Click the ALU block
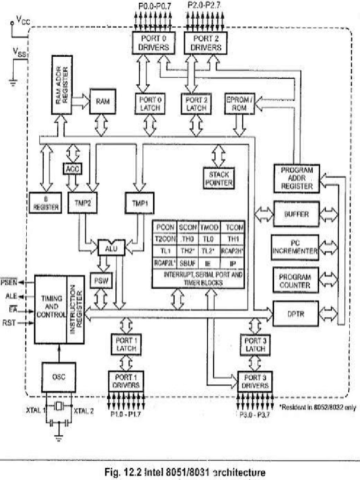coord(111,247)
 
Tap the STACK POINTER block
coord(218,178)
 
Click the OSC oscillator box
coord(59,376)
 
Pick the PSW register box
coord(99,280)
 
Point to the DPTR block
coord(296,311)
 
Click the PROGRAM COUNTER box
coord(296,280)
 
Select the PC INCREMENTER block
coord(296,247)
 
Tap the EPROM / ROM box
coord(240,103)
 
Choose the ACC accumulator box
coord(72,168)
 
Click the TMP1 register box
coord(140,202)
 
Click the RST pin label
coord(9,322)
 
